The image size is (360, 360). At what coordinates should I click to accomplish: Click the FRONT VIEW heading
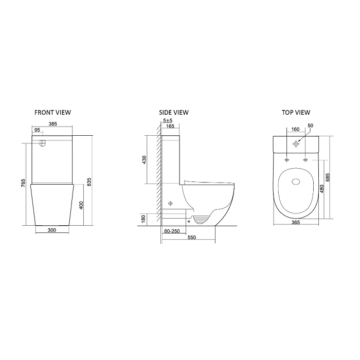click(52, 112)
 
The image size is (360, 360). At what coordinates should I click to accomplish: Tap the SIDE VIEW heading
click(174, 112)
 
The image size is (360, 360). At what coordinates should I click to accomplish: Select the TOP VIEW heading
click(296, 112)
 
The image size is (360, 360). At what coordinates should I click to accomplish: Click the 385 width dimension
click(52, 124)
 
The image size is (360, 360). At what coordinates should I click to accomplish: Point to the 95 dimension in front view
click(37, 130)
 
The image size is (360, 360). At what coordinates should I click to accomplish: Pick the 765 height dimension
click(24, 183)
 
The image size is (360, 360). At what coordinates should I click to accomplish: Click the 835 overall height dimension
click(89, 182)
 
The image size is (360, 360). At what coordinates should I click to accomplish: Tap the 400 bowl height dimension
click(81, 205)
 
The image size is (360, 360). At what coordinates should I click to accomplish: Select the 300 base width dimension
click(52, 230)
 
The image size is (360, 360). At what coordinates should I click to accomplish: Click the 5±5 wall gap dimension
click(168, 120)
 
